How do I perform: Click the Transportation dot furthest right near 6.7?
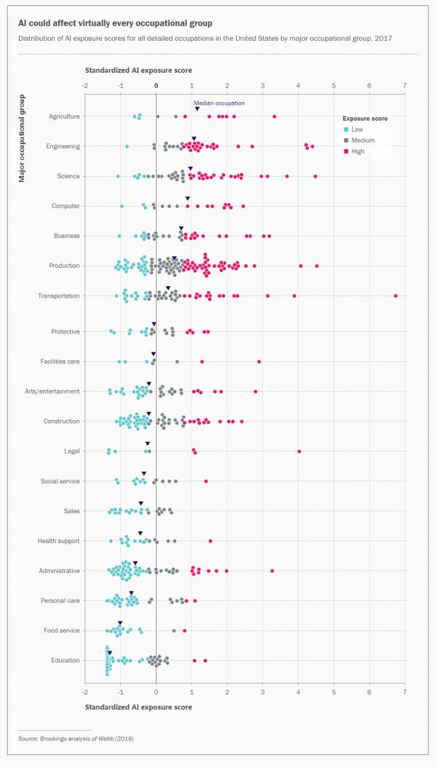click(395, 296)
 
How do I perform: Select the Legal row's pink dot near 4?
click(299, 451)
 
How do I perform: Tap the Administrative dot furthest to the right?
click(272, 571)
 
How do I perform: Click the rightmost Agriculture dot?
click(274, 116)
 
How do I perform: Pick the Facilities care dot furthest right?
click(259, 361)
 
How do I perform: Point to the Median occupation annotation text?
click(219, 103)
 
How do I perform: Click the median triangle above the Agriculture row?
click(197, 109)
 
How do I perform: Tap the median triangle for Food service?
click(120, 623)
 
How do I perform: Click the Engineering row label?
click(63, 146)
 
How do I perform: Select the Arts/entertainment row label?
click(52, 392)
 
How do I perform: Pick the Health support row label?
click(59, 541)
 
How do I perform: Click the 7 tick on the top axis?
click(404, 85)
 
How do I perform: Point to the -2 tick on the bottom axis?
click(85, 690)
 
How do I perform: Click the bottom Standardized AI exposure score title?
click(138, 707)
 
